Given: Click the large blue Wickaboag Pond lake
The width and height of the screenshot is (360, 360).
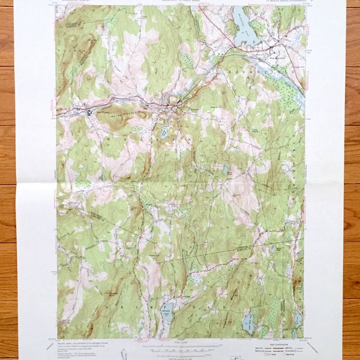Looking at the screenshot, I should [x=243, y=33].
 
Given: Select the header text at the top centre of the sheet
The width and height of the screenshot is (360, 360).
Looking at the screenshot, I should [x=180, y=4].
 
